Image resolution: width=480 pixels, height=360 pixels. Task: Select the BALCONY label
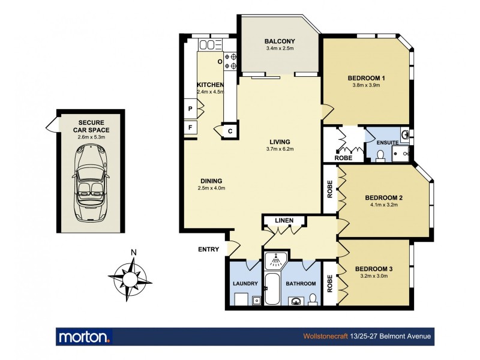[280, 41]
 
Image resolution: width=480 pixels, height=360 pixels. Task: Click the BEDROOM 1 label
[366, 78]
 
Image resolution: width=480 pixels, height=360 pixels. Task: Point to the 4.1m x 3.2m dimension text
[383, 205]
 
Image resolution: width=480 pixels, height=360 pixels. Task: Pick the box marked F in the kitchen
[190, 127]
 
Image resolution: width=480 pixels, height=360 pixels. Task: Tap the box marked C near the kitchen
[230, 131]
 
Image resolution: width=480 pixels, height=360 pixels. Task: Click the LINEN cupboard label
[284, 221]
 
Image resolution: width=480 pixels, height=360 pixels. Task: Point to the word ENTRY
[208, 250]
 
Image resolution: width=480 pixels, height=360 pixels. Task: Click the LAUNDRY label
[245, 284]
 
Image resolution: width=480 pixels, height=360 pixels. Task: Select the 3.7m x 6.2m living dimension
[279, 149]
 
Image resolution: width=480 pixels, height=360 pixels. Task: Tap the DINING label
[211, 181]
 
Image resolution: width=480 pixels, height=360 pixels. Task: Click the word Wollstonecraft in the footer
[325, 337]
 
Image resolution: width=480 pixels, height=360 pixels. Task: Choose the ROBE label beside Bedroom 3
[329, 283]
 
